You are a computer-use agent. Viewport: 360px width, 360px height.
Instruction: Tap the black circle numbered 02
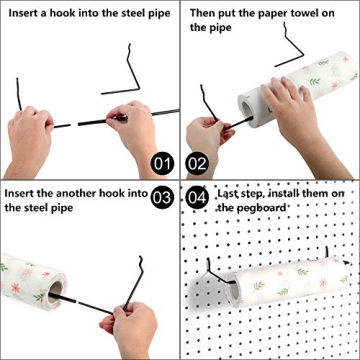click(x=197, y=162)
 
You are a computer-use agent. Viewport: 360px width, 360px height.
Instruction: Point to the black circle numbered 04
click(x=197, y=197)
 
